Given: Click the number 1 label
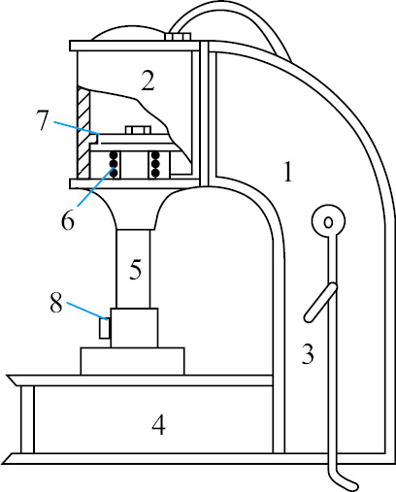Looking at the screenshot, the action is (x=288, y=172).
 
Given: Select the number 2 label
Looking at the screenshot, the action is (x=148, y=81).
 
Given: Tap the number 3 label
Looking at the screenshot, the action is (x=308, y=354).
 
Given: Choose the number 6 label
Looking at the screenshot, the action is (x=68, y=220).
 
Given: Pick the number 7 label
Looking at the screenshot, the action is (x=43, y=120).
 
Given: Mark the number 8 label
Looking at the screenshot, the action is (x=56, y=303).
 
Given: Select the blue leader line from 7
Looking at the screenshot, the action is (x=77, y=127).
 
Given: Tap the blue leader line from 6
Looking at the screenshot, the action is (x=95, y=187).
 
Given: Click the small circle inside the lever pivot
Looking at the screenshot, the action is (x=329, y=222).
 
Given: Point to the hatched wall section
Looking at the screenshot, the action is (x=83, y=132).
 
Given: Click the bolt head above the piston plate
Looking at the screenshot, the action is (x=138, y=130).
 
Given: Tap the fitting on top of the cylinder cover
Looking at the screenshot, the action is (x=178, y=36).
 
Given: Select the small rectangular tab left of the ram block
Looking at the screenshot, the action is (x=105, y=328).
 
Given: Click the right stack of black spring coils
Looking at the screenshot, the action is (x=155, y=164).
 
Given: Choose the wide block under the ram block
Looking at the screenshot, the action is (x=133, y=361).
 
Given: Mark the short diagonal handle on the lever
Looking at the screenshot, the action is (x=320, y=303).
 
